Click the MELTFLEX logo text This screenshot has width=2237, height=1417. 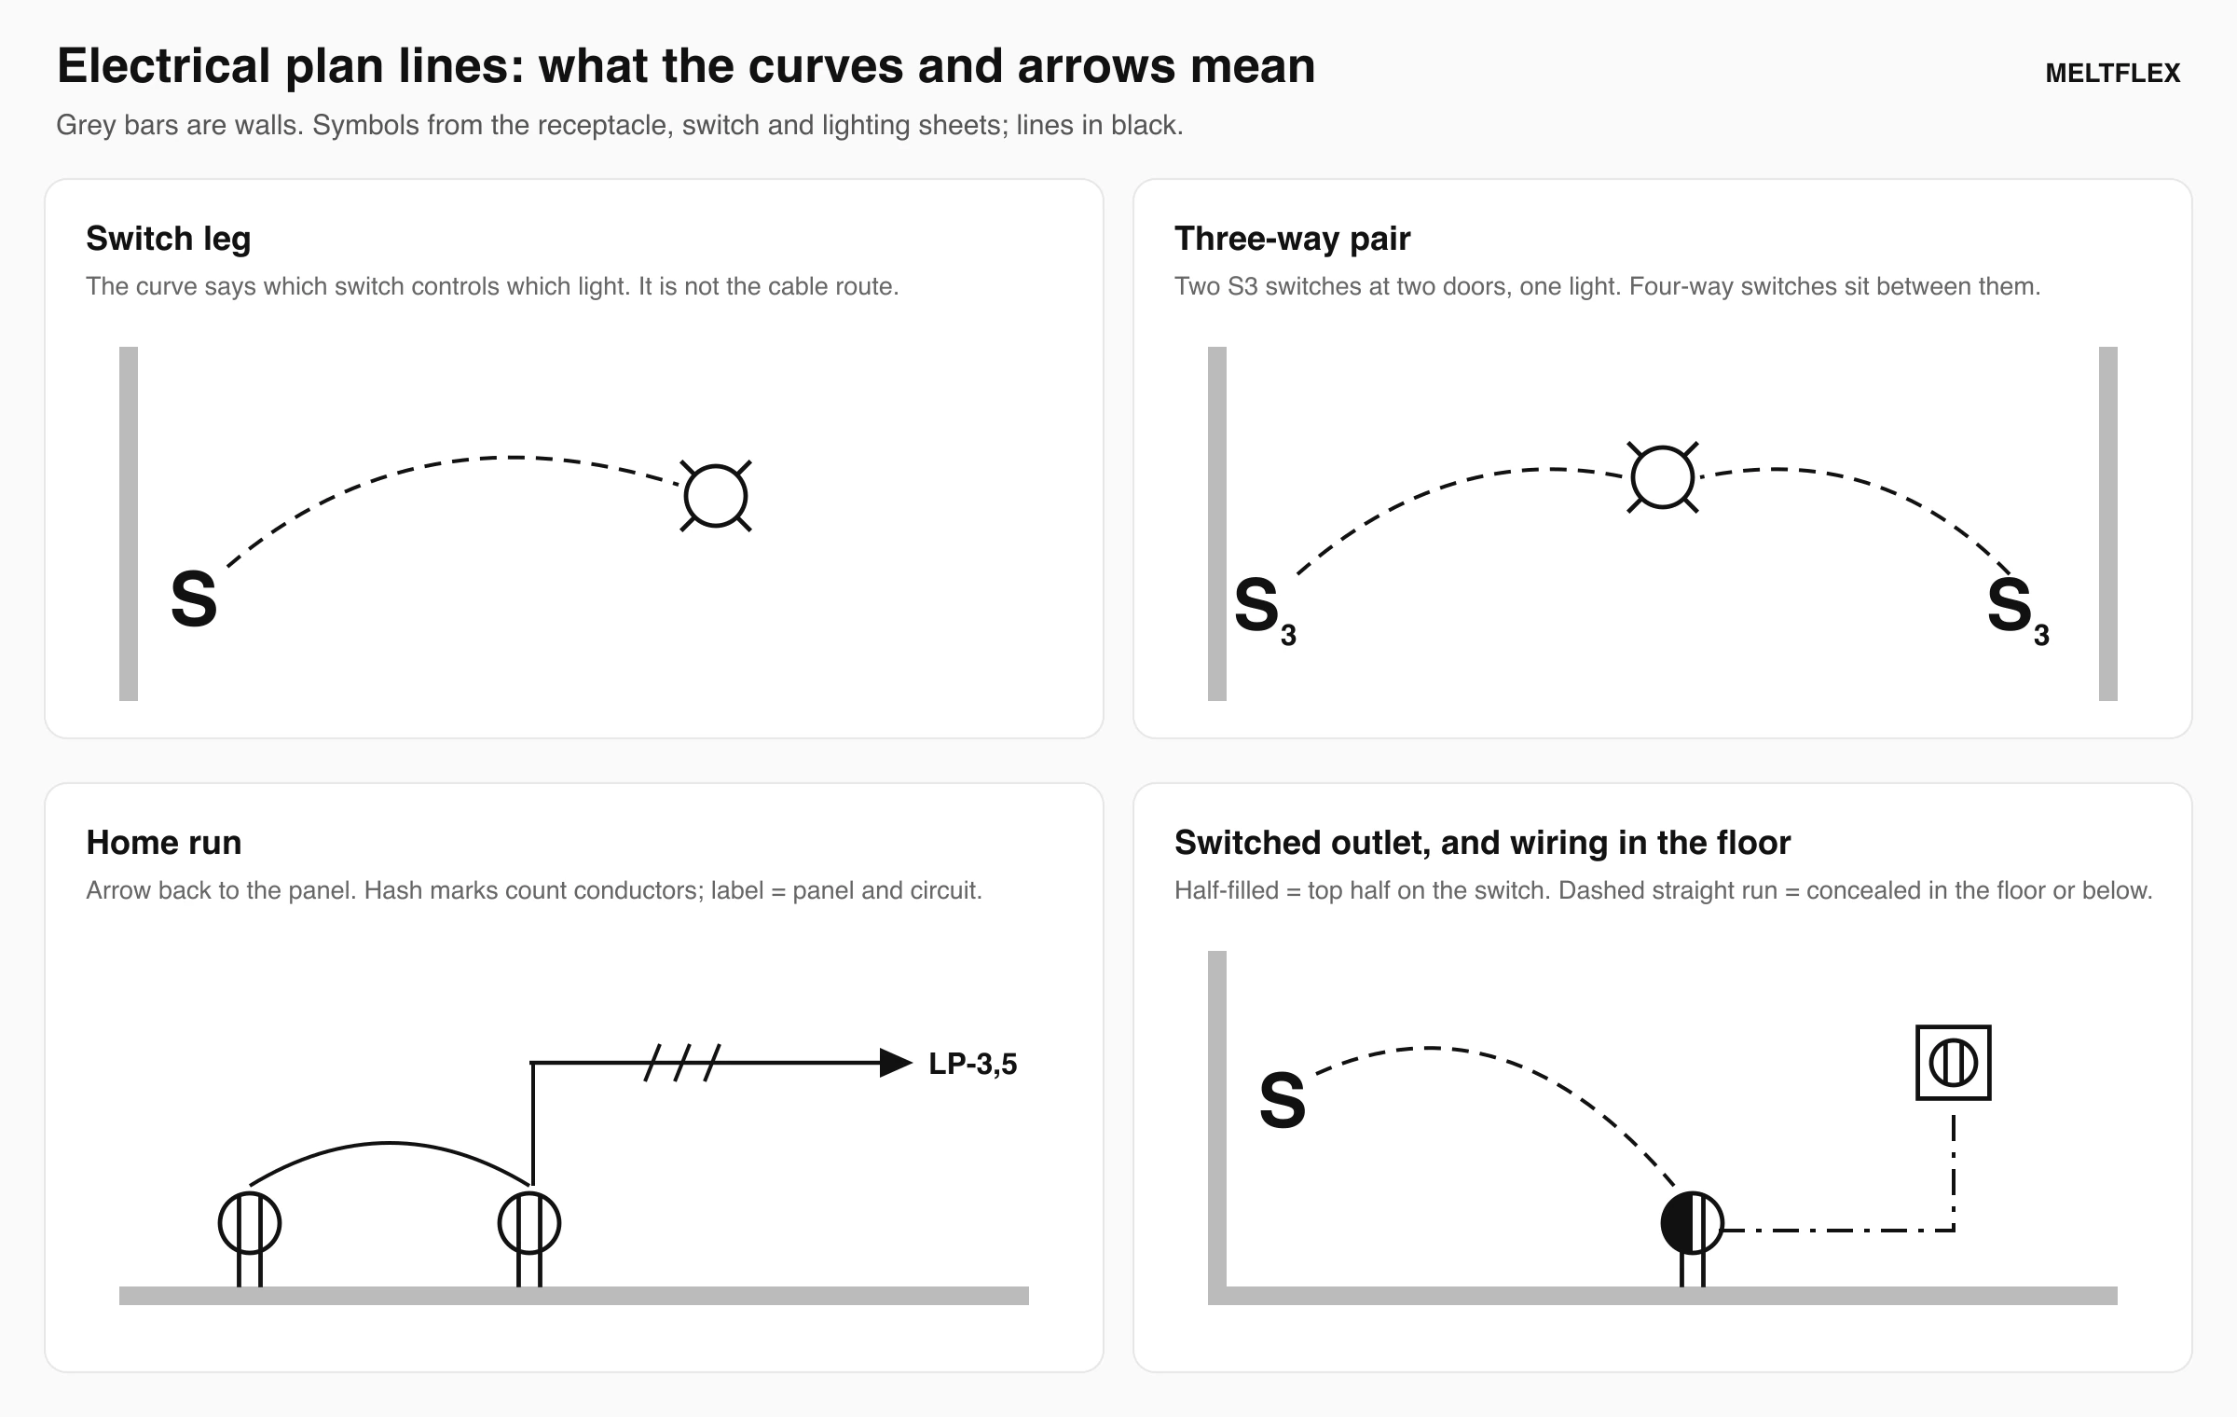[2112, 74]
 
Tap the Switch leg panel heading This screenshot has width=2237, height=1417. [169, 240]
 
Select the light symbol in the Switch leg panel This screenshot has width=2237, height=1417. [716, 496]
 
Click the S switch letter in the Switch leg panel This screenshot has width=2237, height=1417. [194, 599]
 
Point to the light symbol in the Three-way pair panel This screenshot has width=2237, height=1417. [1663, 477]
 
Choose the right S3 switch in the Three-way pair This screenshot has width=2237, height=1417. [2018, 610]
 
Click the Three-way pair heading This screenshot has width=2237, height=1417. [1292, 240]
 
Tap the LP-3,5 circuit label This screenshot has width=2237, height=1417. [973, 1064]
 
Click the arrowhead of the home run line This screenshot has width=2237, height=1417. [896, 1063]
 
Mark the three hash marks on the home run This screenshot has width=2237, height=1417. [682, 1063]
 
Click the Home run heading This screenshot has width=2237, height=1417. [164, 843]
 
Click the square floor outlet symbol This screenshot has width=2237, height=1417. [1954, 1063]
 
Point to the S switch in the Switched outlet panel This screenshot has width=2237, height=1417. [1283, 1101]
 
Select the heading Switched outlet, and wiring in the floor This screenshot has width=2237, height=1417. [1483, 843]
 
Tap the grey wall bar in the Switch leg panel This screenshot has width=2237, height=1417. [129, 524]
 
